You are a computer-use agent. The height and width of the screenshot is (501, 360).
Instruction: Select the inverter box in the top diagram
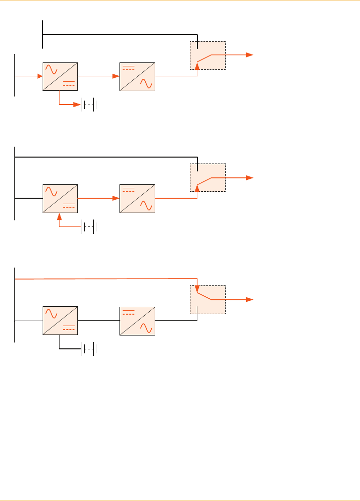point(137,76)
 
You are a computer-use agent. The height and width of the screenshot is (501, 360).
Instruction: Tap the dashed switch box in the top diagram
point(208,56)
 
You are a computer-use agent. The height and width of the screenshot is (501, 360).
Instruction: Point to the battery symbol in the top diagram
point(89,105)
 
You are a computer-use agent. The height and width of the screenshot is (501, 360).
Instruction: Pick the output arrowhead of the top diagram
point(251,55)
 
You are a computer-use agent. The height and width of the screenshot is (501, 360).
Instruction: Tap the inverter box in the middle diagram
point(137,198)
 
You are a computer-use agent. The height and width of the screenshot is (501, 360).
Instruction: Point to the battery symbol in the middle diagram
point(89,227)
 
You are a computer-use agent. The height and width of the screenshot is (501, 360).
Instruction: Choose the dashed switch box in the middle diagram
point(208,177)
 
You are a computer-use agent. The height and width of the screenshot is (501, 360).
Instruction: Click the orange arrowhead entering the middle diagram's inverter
point(117,198)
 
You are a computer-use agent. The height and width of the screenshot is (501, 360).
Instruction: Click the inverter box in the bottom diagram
point(137,321)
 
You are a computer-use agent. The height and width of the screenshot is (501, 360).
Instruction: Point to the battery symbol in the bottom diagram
point(89,349)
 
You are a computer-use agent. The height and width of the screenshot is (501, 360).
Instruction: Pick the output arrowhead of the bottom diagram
point(251,299)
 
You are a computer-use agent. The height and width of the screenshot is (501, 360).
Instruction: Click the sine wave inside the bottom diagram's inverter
point(146,328)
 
